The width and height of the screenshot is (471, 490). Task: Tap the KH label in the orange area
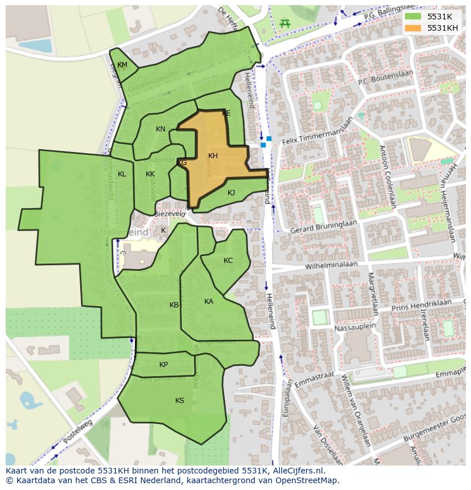213,156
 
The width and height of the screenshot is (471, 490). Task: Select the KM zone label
122,65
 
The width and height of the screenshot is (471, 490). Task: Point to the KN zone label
160,129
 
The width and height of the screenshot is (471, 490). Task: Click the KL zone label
122,174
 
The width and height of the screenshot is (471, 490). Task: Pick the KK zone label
150,174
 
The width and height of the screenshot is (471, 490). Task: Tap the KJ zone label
231,193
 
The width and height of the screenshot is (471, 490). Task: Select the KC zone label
228,261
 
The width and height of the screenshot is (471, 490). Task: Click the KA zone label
209,302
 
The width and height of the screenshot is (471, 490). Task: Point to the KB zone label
174,305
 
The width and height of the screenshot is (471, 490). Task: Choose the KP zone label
163,365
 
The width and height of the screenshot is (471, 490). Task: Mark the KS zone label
180,401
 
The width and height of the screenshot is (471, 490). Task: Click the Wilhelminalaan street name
331,265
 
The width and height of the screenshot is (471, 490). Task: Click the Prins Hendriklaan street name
422,305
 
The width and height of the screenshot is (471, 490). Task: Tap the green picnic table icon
285,23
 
